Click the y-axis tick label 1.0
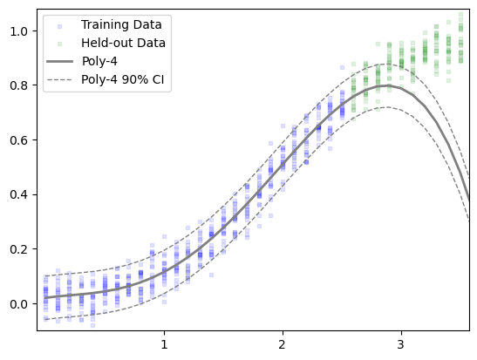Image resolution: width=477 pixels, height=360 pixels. tap(19, 31)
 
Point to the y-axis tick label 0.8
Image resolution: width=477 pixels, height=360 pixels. tap(19, 85)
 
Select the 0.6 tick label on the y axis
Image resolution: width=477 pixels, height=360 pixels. tap(19, 139)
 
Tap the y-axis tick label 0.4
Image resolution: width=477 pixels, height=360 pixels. tap(19, 194)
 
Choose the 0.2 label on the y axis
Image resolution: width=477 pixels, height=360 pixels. tap(19, 249)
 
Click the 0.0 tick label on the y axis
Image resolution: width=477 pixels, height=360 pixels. tap(19, 303)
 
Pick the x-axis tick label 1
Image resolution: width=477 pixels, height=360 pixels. tap(164, 344)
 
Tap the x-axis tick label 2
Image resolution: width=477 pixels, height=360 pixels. tap(283, 344)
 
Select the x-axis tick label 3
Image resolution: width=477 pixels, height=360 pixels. tap(401, 344)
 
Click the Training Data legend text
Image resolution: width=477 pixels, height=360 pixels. tap(121, 25)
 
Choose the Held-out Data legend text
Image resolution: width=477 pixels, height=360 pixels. tap(123, 43)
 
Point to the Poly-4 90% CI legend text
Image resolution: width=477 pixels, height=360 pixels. tap(123, 79)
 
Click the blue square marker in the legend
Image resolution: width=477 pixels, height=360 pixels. tap(59, 26)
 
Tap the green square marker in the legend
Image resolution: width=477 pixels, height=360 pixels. tap(59, 44)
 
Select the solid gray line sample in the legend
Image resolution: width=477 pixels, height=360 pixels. tap(59, 61)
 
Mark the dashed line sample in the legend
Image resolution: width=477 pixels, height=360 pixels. tap(59, 80)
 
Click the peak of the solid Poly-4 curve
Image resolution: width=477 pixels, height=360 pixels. tap(385, 85)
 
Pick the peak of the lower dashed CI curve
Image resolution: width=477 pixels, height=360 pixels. tap(387, 107)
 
